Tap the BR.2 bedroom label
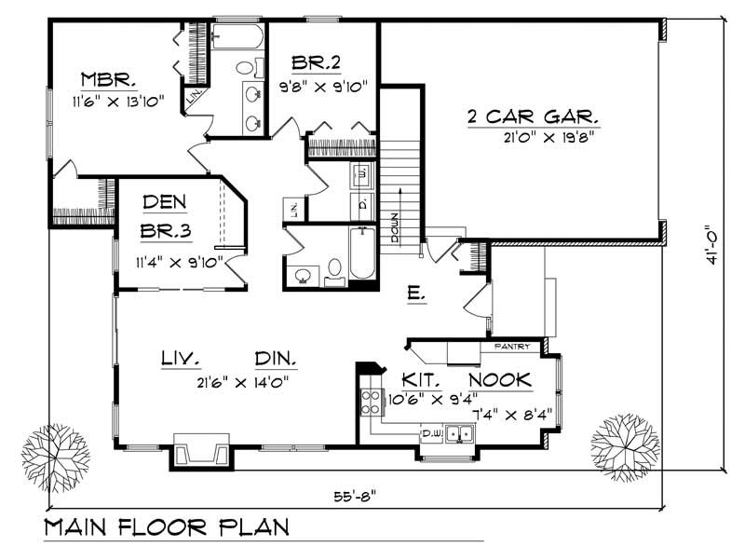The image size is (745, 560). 316,63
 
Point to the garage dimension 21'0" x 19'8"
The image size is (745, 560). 547,136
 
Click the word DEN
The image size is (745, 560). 167,202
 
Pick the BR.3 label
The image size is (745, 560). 167,232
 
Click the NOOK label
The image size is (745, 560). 499,380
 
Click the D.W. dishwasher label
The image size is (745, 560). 431,433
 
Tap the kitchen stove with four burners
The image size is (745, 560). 370,403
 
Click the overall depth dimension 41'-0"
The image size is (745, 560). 715,245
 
